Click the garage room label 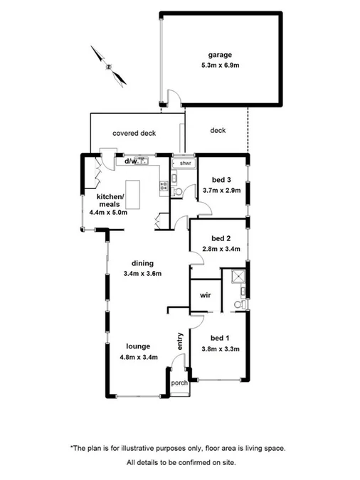click(x=220, y=55)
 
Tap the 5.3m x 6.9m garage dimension click(x=221, y=66)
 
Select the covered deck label click(x=134, y=133)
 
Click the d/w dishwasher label click(x=131, y=161)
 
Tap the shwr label click(x=186, y=164)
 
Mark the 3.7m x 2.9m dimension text click(x=222, y=191)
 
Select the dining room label click(x=143, y=263)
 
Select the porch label click(x=179, y=383)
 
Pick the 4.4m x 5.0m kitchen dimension click(x=107, y=212)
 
